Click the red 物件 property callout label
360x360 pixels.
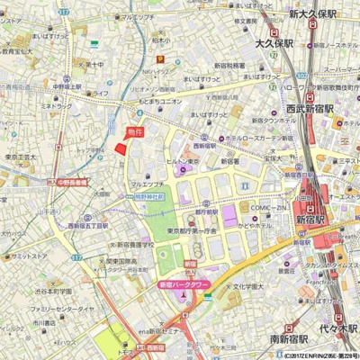click(x=134, y=132)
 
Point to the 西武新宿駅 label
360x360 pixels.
click(x=310, y=108)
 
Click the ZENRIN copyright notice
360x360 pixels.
click(x=315, y=355)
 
